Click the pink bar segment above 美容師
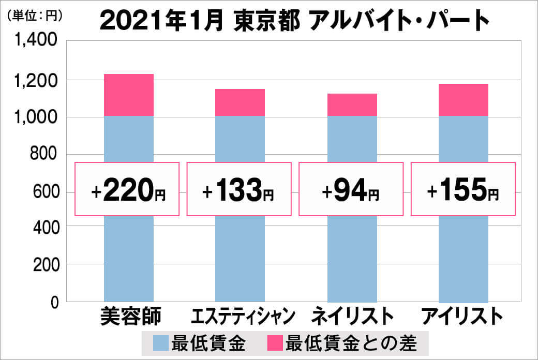click(x=129, y=95)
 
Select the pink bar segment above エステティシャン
click(x=240, y=102)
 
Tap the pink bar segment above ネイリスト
click(x=352, y=104)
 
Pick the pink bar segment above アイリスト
click(x=464, y=100)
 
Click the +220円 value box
click(x=128, y=189)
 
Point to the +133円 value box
click(x=239, y=189)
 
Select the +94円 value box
click(x=351, y=189)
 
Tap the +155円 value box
click(x=463, y=189)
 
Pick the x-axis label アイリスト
click(x=462, y=316)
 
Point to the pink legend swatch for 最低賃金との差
click(x=275, y=343)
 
